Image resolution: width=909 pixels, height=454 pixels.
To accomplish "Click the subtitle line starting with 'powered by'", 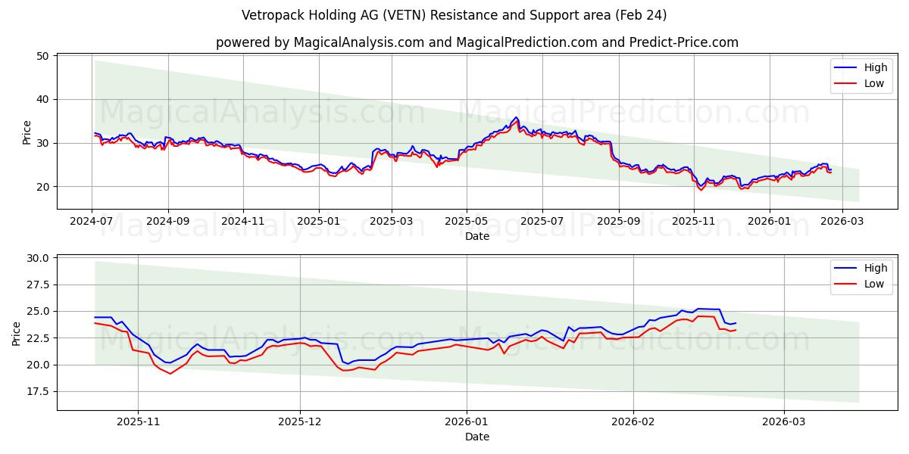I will coord(476,42).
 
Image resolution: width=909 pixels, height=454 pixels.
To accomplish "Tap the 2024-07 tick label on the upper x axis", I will coord(92,222).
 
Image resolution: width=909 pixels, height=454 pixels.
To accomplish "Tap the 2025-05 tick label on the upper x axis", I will coord(466,222).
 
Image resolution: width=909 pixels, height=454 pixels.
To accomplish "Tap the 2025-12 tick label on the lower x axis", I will coord(300,422).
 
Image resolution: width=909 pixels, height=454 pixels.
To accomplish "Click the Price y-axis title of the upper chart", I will coord(27,132).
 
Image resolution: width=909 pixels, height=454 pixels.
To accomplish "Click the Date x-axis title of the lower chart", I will coord(476,437).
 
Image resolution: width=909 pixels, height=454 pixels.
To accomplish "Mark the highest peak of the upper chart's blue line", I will coord(516,117).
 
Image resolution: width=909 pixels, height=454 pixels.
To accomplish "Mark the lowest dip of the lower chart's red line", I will coord(170,374).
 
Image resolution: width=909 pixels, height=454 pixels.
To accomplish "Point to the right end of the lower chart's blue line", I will coord(736,323).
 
